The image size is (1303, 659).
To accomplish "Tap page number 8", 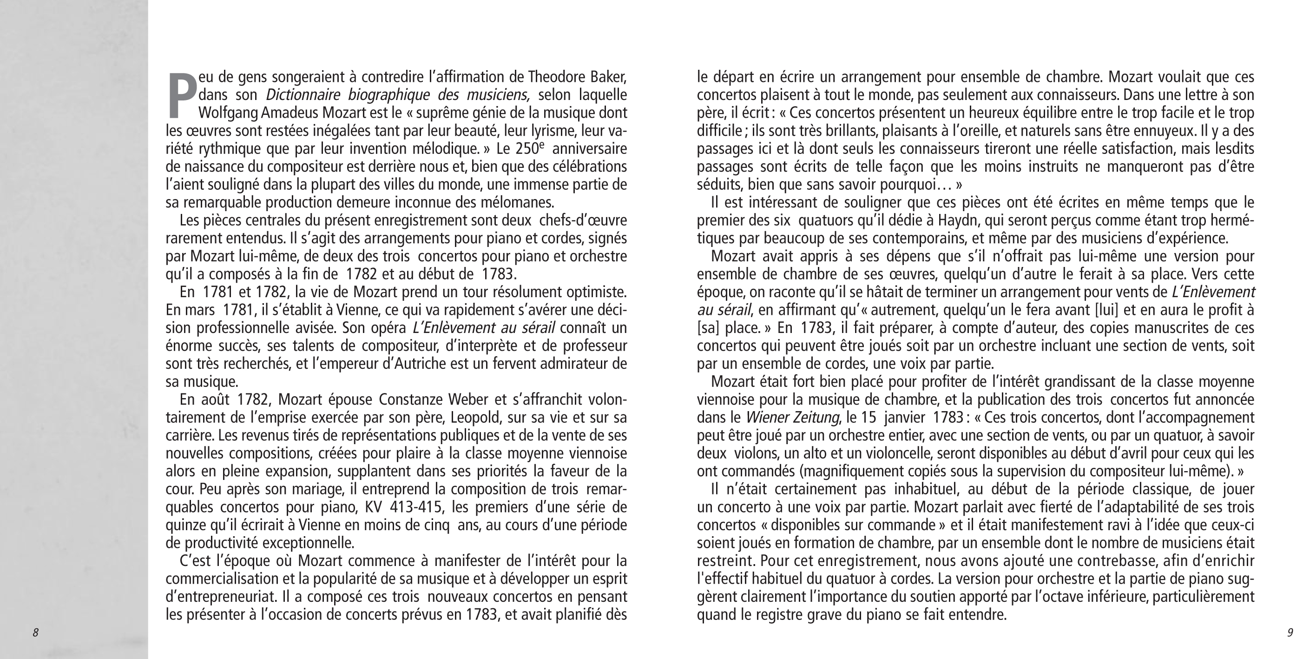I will (35, 632).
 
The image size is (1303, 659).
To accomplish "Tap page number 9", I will (1290, 632).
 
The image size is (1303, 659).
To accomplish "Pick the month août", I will (215, 399).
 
